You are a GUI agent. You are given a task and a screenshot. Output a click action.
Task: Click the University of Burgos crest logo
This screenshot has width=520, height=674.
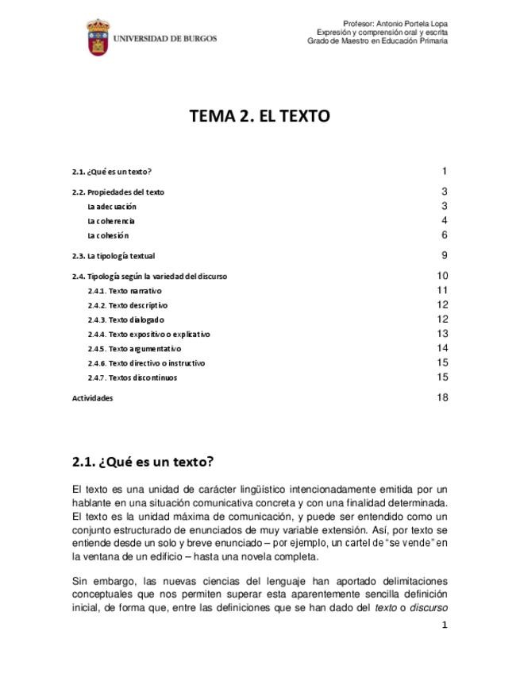pos(98,37)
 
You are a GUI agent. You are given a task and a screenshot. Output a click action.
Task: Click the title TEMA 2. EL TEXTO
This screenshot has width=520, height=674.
pos(260,116)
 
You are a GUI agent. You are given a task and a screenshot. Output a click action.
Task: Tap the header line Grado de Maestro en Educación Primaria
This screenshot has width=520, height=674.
pos(377,41)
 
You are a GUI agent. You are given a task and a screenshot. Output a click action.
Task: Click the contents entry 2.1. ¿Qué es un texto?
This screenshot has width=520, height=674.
pos(111,172)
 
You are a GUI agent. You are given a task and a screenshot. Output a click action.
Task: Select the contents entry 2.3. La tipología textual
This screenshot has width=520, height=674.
pos(113,256)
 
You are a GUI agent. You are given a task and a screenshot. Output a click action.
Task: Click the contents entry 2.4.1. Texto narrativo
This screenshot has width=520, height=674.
pos(125,291)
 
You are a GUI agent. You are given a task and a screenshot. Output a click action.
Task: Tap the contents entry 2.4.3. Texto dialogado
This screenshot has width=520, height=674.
pos(125,320)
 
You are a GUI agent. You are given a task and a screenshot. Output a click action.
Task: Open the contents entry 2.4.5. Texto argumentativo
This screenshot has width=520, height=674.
pos(134,348)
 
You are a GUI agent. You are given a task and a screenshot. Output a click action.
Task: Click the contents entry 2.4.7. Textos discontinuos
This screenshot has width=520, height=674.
pos(132,378)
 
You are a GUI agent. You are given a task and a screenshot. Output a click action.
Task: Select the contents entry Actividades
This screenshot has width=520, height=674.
pos(92,398)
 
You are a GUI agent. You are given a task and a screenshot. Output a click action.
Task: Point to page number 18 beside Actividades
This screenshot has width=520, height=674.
pos(442,397)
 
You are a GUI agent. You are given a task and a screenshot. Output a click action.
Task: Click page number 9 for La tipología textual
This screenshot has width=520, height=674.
pos(445,255)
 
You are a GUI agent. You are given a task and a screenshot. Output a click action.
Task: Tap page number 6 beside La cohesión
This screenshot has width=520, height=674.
pos(445,234)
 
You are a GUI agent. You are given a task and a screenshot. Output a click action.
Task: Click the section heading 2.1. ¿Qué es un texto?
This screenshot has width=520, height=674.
pos(143,461)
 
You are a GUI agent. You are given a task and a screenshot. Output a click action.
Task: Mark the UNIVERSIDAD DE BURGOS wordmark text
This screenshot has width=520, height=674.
pos(164,37)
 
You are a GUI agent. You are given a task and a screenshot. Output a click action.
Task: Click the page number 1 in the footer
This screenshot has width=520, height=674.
pos(445,626)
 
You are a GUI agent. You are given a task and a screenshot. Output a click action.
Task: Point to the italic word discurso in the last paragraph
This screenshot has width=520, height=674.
pos(429,610)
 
